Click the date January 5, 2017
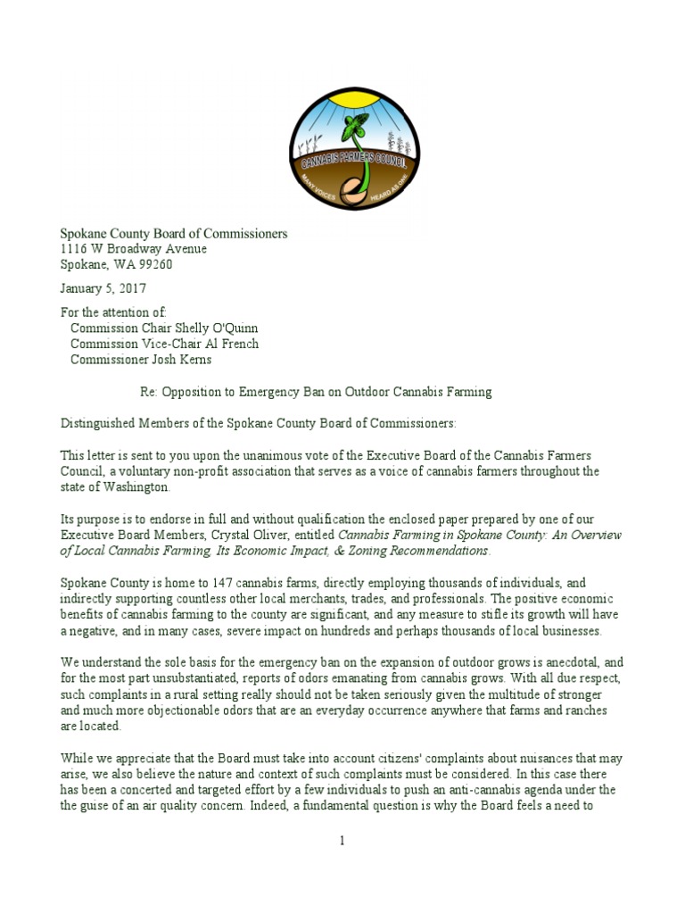103,288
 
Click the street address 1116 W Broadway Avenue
133,249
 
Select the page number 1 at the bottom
342,841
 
